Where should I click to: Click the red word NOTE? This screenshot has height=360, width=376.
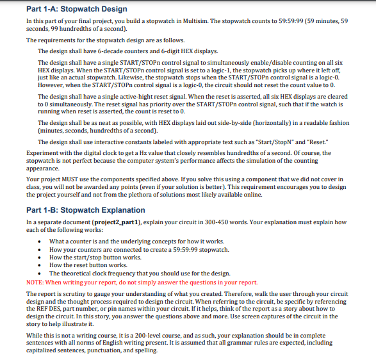(35, 282)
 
